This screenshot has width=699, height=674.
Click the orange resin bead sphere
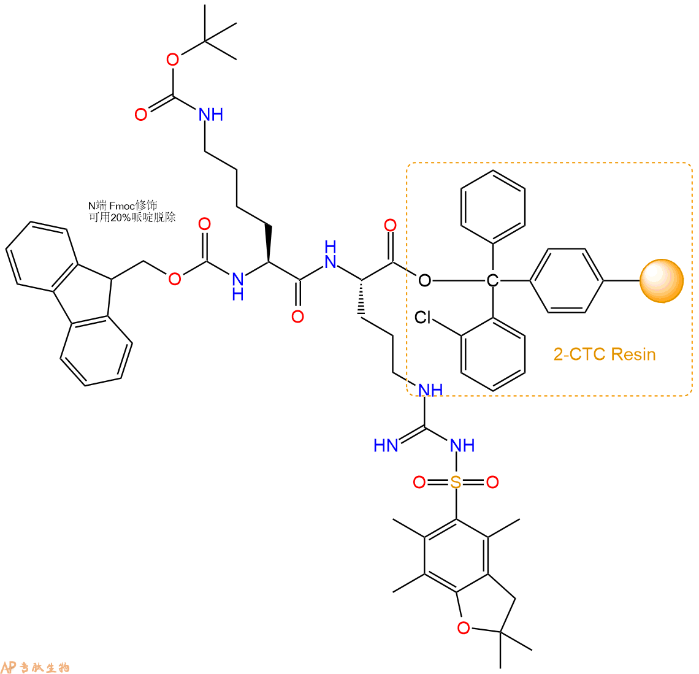click(x=662, y=281)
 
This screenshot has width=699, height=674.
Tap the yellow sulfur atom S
click(x=456, y=482)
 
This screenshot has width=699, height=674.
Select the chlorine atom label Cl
click(x=422, y=318)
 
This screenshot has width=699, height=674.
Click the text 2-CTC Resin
click(x=605, y=354)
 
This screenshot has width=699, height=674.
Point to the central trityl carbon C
click(x=492, y=280)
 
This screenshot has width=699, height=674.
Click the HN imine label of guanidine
click(x=386, y=445)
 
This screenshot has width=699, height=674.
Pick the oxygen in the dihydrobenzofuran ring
click(x=464, y=627)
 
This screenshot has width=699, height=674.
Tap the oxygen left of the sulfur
click(x=419, y=482)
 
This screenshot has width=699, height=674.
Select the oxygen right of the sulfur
click(x=492, y=482)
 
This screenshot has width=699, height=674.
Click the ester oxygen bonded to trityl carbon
click(x=424, y=280)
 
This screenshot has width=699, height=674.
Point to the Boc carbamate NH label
click(x=211, y=115)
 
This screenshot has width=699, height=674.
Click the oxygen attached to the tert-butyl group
click(x=172, y=59)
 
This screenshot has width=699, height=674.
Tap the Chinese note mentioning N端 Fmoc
click(x=123, y=205)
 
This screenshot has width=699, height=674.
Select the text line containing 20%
click(x=132, y=217)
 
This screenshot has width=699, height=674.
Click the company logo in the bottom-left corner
click(x=35, y=667)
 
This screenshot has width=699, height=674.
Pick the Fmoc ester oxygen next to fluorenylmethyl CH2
click(x=174, y=279)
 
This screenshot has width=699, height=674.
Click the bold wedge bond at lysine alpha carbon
click(x=269, y=243)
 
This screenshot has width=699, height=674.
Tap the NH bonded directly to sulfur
click(x=462, y=445)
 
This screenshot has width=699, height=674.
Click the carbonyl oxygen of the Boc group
click(x=141, y=115)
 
